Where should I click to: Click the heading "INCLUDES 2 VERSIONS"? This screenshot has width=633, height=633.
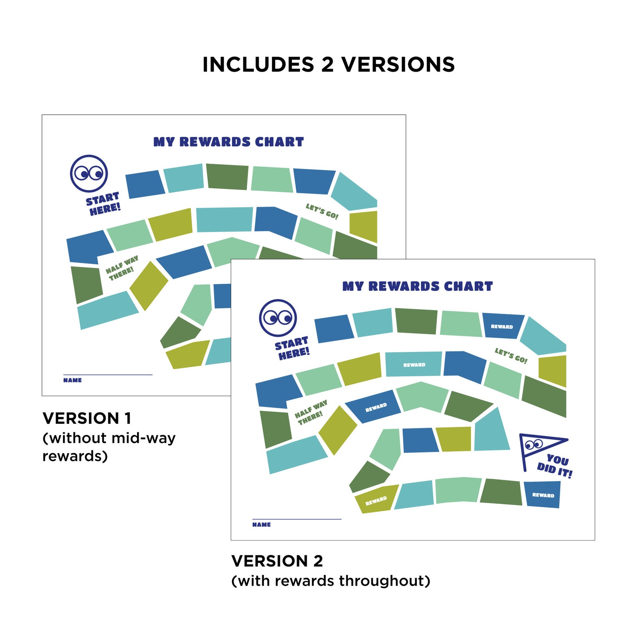pos(328,65)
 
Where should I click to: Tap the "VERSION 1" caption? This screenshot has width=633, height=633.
pos(87,418)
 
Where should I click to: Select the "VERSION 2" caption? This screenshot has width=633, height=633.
pos(277,561)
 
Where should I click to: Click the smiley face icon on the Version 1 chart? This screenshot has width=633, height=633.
pos(89,173)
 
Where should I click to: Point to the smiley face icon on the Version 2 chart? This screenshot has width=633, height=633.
pos(278,318)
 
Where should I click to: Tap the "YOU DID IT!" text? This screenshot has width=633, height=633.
pos(555,466)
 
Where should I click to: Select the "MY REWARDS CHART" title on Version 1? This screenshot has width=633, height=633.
pos(228,142)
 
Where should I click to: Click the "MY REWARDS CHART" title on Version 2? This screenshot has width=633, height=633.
pos(417,286)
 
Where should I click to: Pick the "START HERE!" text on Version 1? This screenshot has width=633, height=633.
pos(103,204)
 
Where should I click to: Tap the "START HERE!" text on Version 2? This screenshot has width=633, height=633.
pos(292,348)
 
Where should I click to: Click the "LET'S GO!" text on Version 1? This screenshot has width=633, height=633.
pos(322,211)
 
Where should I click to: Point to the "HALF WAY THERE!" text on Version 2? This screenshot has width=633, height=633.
pos(311,413)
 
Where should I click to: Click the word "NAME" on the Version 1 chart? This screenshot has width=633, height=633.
pos(73,380)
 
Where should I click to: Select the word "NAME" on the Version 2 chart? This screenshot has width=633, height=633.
pos(261,525)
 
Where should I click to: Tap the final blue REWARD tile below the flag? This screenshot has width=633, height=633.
pos(543,495)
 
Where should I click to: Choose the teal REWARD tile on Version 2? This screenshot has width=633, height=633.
pos(414,364)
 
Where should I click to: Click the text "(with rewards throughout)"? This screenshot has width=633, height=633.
pos(331,581)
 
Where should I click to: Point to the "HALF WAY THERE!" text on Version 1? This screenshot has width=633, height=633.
pos(122,268)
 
